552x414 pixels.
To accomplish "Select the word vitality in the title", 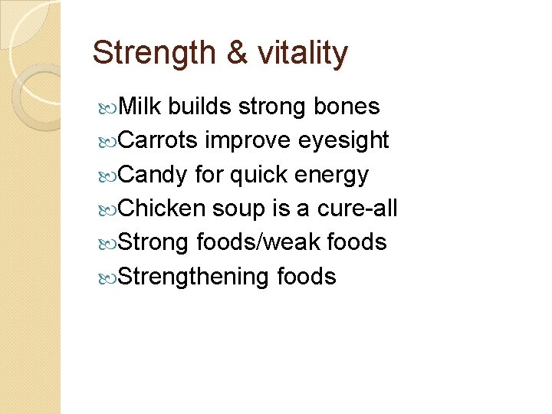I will pos(303,54).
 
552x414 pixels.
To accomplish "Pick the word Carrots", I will pos(159,141).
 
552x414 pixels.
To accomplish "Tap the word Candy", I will pos(153,175).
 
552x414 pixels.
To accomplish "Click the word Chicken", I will pos(162,209).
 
